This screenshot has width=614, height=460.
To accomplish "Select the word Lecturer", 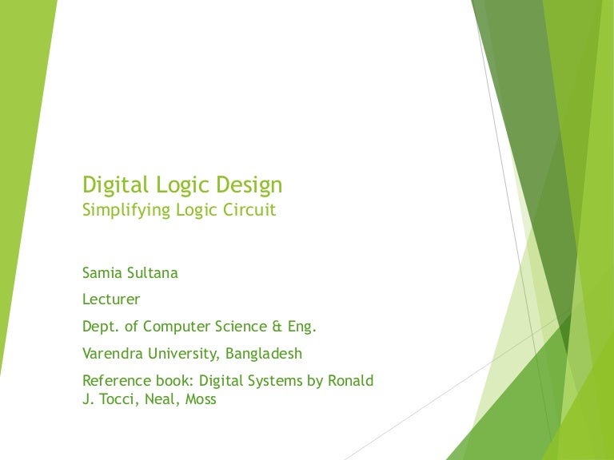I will (x=111, y=300).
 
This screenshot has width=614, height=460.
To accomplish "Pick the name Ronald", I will (x=351, y=380).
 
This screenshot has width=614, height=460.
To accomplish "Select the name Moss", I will (x=200, y=399).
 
